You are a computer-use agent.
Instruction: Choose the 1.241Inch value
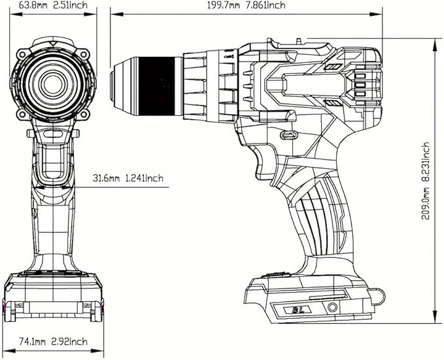pyautogui.click(x=146, y=178)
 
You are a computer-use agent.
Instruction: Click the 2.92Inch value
pyautogui.click(x=69, y=342)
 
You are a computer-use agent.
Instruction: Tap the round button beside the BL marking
pyautogui.click(x=332, y=308)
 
